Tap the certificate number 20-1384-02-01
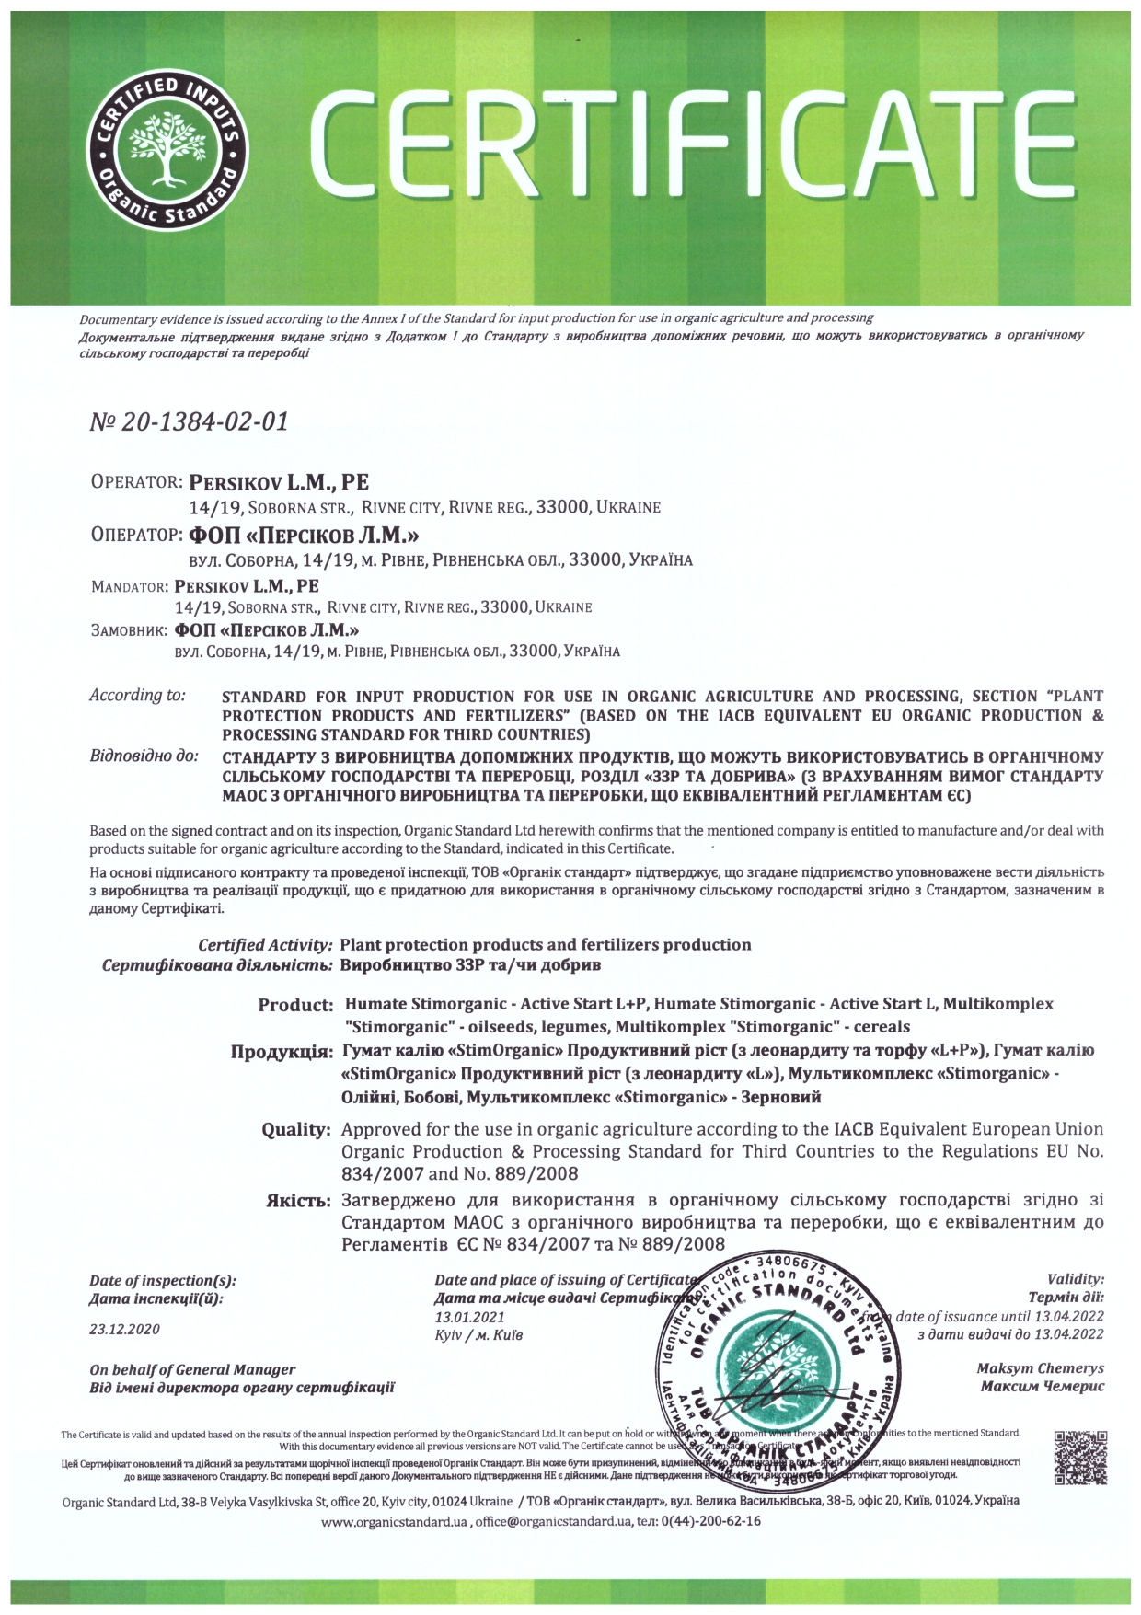point(189,421)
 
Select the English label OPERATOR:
point(136,482)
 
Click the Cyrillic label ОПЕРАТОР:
point(136,536)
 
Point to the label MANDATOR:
point(128,586)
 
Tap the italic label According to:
point(137,696)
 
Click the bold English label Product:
point(295,1005)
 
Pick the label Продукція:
point(282,1051)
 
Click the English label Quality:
point(295,1129)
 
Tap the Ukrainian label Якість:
point(297,1201)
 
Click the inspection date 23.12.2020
point(124,1329)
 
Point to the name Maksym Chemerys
point(1040,1368)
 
